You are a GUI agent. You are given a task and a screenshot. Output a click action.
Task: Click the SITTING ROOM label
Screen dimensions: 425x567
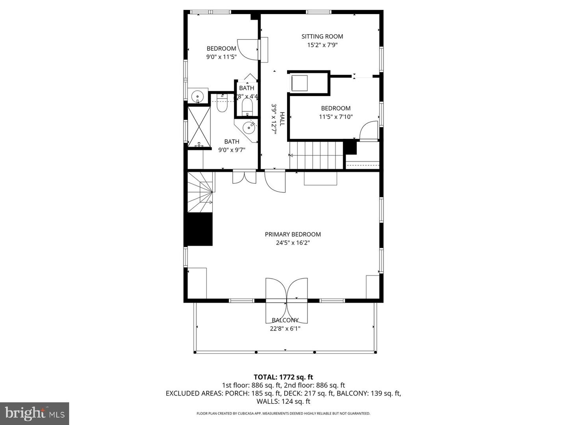tap(322, 37)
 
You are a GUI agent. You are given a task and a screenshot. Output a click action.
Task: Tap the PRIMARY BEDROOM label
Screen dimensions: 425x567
tap(293, 235)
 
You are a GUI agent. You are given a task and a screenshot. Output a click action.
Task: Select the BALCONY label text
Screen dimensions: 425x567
tap(285, 320)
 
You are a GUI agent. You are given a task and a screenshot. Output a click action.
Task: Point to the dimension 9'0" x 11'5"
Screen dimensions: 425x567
tap(221, 57)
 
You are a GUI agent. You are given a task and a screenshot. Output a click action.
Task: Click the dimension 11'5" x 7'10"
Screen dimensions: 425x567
tap(335, 117)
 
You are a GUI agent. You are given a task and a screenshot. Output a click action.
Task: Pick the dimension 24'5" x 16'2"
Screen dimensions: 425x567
tap(293, 243)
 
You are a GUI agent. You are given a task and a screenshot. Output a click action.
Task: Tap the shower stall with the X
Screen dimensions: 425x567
tap(199, 127)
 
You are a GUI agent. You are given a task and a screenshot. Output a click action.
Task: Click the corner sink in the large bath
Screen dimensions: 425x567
tap(248, 127)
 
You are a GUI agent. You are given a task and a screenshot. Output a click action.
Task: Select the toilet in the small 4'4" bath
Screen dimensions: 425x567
tap(247, 106)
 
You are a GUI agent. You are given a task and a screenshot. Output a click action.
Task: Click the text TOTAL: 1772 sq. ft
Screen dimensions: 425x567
tap(283, 377)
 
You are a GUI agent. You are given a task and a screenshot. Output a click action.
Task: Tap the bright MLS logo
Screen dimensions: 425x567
tap(34, 413)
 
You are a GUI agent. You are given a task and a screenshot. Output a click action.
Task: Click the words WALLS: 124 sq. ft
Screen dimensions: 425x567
tap(283, 401)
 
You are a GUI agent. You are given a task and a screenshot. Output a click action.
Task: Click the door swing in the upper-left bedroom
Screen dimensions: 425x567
tap(247, 49)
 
